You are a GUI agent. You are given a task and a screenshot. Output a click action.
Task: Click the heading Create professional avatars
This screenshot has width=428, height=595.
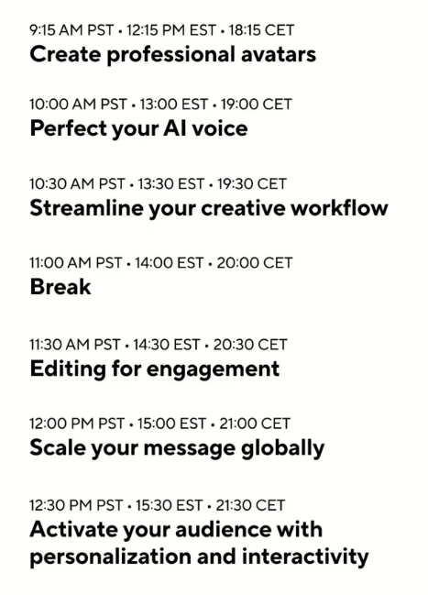[172, 55]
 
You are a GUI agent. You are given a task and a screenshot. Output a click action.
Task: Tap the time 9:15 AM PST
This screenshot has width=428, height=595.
[71, 30]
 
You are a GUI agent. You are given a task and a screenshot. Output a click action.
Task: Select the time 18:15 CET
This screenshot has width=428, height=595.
[261, 30]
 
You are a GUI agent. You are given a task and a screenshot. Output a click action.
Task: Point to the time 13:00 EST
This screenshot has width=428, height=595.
[174, 104]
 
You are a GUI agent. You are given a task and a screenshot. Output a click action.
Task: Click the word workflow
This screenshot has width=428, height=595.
[339, 208]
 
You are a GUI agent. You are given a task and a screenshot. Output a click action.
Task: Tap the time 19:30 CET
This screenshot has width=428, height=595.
[252, 184]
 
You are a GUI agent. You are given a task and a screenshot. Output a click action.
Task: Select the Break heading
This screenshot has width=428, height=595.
[60, 286]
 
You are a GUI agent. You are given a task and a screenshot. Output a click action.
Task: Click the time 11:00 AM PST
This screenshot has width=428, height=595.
[76, 262]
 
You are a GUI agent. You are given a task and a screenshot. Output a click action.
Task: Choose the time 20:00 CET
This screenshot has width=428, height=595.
[255, 262]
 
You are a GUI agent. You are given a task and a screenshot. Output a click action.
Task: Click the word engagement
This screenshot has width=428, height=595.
[214, 369]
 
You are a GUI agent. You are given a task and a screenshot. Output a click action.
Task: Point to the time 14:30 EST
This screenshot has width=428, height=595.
[166, 345]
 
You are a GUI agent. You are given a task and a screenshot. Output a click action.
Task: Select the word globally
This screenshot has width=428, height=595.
[282, 448]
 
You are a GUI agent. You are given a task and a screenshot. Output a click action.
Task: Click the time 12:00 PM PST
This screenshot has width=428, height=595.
[77, 424]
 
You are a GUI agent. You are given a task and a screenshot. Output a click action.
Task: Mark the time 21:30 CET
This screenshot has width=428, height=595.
[250, 505]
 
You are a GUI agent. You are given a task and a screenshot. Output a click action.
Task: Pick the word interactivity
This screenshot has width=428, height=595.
[305, 557]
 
